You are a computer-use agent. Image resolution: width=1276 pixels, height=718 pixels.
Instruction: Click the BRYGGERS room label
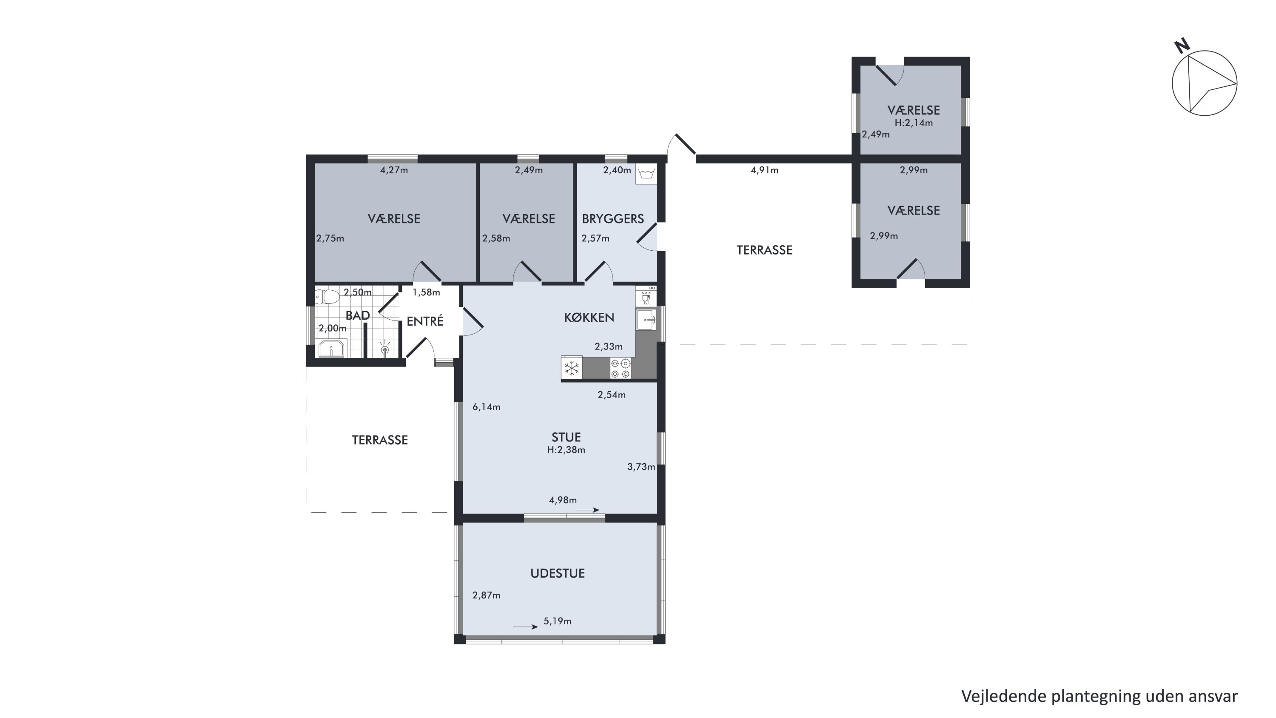pyautogui.click(x=613, y=218)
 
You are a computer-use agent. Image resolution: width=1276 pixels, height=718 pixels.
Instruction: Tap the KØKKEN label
pyautogui.click(x=589, y=318)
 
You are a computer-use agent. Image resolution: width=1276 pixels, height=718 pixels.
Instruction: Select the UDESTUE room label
pyautogui.click(x=557, y=573)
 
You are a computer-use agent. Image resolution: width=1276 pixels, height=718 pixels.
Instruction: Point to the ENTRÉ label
pyautogui.click(x=424, y=321)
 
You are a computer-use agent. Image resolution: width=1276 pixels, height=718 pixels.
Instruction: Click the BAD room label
pyautogui.click(x=358, y=316)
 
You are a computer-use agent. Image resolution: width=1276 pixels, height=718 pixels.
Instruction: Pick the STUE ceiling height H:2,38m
pyautogui.click(x=566, y=450)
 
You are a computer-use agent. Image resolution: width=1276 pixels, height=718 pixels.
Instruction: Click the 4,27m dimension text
pyautogui.click(x=394, y=170)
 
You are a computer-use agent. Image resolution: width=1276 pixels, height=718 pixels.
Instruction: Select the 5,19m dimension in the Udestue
pyautogui.click(x=557, y=621)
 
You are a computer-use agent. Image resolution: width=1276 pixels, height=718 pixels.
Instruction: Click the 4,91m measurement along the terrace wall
pyautogui.click(x=764, y=170)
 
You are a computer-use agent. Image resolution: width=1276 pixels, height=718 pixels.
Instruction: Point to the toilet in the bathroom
pyautogui.click(x=327, y=297)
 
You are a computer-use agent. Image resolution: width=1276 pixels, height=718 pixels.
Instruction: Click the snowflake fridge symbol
pyautogui.click(x=572, y=368)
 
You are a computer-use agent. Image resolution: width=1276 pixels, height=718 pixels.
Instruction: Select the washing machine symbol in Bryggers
pyautogui.click(x=647, y=174)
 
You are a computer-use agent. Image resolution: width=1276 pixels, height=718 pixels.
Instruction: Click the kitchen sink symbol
pyautogui.click(x=647, y=320)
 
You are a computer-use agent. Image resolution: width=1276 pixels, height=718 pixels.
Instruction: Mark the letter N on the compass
pyautogui.click(x=1182, y=46)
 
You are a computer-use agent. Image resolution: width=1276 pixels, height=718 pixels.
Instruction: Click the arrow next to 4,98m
pyautogui.click(x=587, y=510)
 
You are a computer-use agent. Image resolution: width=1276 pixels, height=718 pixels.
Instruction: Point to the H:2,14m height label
pyautogui.click(x=914, y=123)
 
